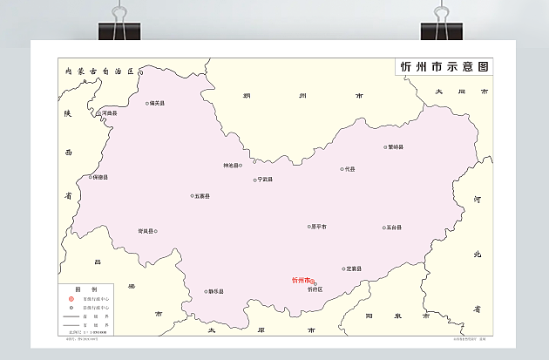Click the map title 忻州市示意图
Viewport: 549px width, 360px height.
click(444, 67)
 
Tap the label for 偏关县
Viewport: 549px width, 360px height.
click(158, 103)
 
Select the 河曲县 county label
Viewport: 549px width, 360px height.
click(110, 112)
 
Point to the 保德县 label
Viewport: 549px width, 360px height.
click(99, 177)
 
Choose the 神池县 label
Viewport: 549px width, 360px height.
click(231, 166)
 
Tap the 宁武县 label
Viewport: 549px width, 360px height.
click(265, 180)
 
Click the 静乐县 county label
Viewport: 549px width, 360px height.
click(216, 291)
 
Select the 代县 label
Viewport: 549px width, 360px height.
click(349, 169)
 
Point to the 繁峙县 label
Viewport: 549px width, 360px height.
click(396, 147)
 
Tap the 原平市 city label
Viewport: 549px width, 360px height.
click(319, 227)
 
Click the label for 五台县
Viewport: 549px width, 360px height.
click(394, 228)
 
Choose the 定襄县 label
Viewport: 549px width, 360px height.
click(354, 268)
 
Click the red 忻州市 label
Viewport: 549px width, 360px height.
click(302, 281)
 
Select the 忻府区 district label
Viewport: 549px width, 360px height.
click(315, 289)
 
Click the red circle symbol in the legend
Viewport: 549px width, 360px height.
click(71, 300)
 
